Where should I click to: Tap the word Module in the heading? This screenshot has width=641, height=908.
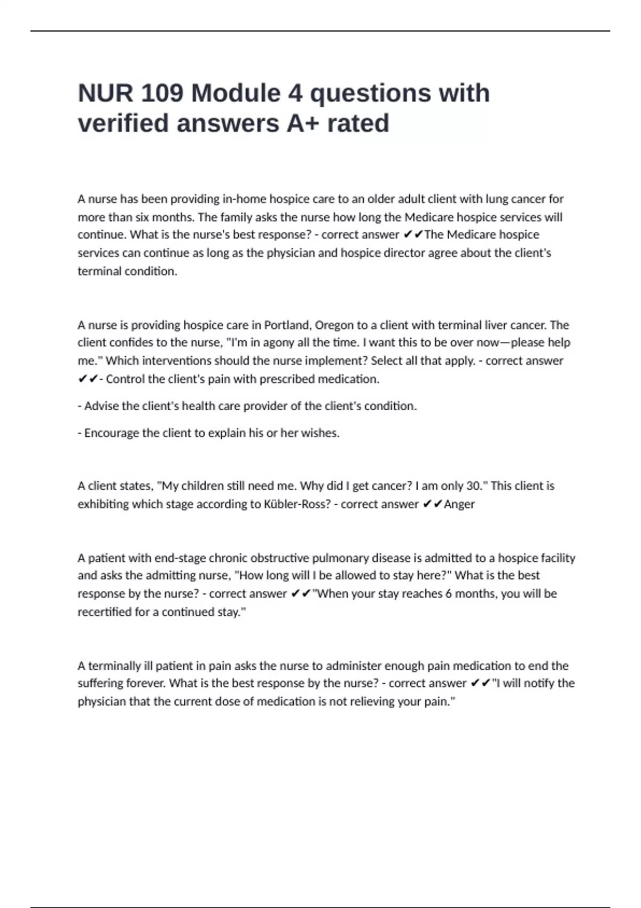tap(236, 93)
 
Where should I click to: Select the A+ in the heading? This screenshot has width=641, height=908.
tap(303, 123)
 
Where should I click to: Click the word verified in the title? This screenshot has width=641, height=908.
tap(123, 123)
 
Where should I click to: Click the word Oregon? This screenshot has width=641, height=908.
tap(334, 325)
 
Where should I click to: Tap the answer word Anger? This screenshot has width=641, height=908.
tap(459, 504)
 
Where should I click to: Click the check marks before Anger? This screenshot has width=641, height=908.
tap(432, 504)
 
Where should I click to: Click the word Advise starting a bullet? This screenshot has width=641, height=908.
tap(101, 406)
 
